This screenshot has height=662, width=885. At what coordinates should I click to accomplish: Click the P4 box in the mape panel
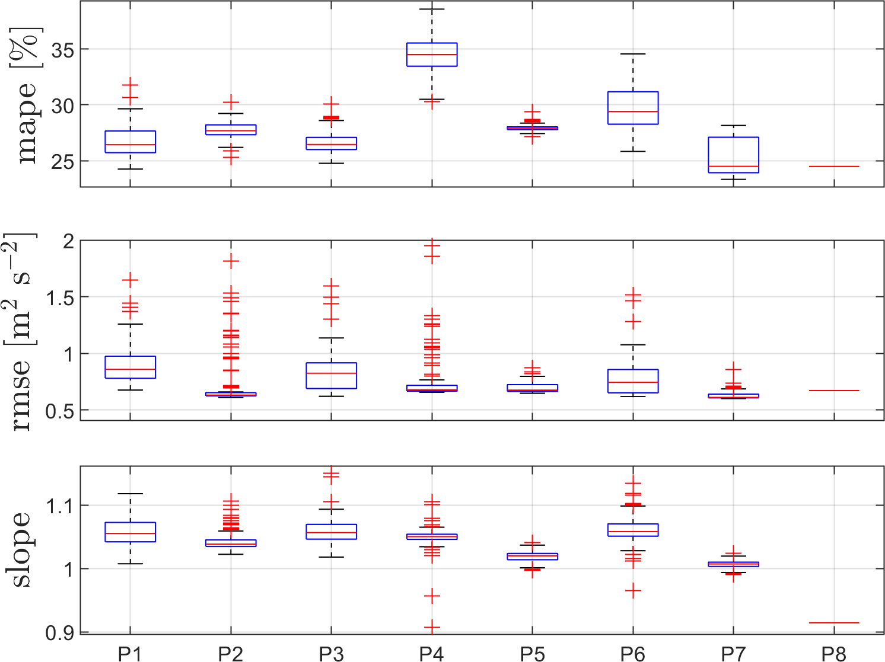432,55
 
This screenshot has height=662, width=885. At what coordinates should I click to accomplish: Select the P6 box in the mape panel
633,108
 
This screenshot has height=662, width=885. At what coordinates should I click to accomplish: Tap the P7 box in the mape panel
734,155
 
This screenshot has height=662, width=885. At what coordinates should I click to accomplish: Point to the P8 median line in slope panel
834,623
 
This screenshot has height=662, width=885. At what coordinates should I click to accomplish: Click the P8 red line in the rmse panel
834,391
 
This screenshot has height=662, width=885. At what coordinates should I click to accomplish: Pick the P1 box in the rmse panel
130,367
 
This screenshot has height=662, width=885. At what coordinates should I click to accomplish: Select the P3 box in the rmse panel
331,376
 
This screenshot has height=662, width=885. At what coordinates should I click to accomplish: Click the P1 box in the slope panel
130,532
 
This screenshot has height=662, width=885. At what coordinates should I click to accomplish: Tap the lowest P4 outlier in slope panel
432,627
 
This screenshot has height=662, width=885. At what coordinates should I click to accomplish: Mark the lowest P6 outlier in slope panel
633,591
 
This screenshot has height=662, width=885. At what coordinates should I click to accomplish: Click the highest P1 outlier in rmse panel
130,280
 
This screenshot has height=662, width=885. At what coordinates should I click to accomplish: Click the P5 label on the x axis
532,654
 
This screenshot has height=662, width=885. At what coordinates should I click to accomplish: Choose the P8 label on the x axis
834,654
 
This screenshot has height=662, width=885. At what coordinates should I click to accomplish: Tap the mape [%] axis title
27,95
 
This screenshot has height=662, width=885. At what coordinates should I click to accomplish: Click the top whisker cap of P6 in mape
633,54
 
